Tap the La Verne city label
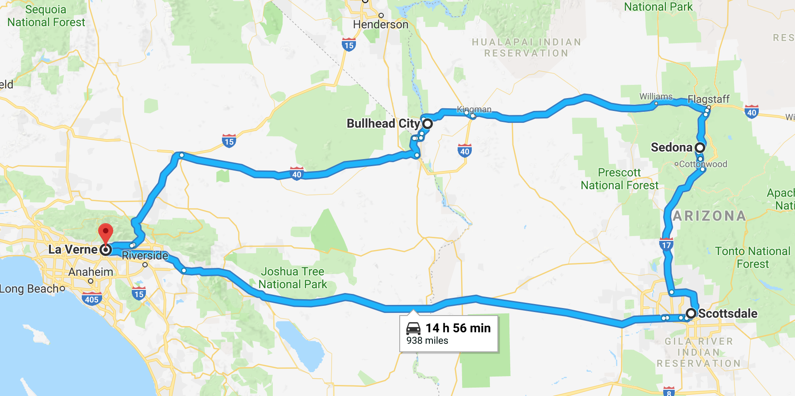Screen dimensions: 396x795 pos(73,250)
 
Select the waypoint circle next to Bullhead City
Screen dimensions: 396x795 pos(428,123)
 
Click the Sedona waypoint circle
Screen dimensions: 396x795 pos(700,147)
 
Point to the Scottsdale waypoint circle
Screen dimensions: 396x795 pos(691,314)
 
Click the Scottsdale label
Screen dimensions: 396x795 pos(728,314)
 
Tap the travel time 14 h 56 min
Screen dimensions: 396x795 pos(458,328)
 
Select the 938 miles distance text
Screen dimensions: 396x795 pos(427,341)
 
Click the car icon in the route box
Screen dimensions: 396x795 pos(413,328)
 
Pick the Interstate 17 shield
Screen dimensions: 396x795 pos(666,244)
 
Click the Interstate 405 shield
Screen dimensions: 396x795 pos(92,299)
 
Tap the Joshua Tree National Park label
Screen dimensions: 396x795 pos(293,278)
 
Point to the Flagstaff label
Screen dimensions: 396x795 pos(708,99)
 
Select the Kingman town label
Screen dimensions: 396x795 pos(474,109)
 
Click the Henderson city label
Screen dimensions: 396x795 pos(381,25)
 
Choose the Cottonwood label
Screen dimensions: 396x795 pos(703,164)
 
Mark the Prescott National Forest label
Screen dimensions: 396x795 pos(619,179)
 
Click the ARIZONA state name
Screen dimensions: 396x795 pos(709,216)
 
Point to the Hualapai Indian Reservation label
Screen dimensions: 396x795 pos(526,48)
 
